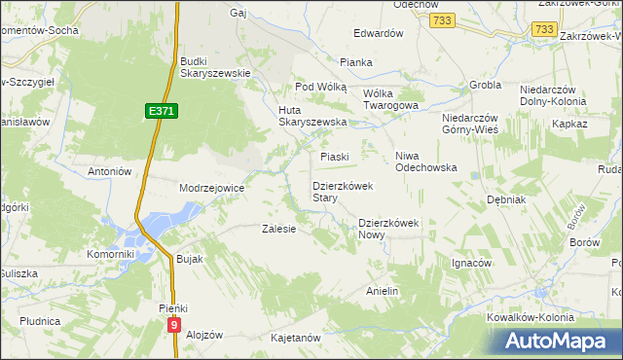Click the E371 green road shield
coord(162,113)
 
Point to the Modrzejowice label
coord(211,188)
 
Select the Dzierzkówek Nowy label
coord(388,228)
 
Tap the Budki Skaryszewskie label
coord(216,67)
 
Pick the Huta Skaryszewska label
coord(313,115)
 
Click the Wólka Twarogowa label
coord(390,99)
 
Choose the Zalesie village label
coord(278,230)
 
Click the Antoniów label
coord(109,171)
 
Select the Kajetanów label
coord(296,338)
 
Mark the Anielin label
coord(383,291)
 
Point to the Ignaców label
coord(471,263)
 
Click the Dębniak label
coord(506,199)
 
